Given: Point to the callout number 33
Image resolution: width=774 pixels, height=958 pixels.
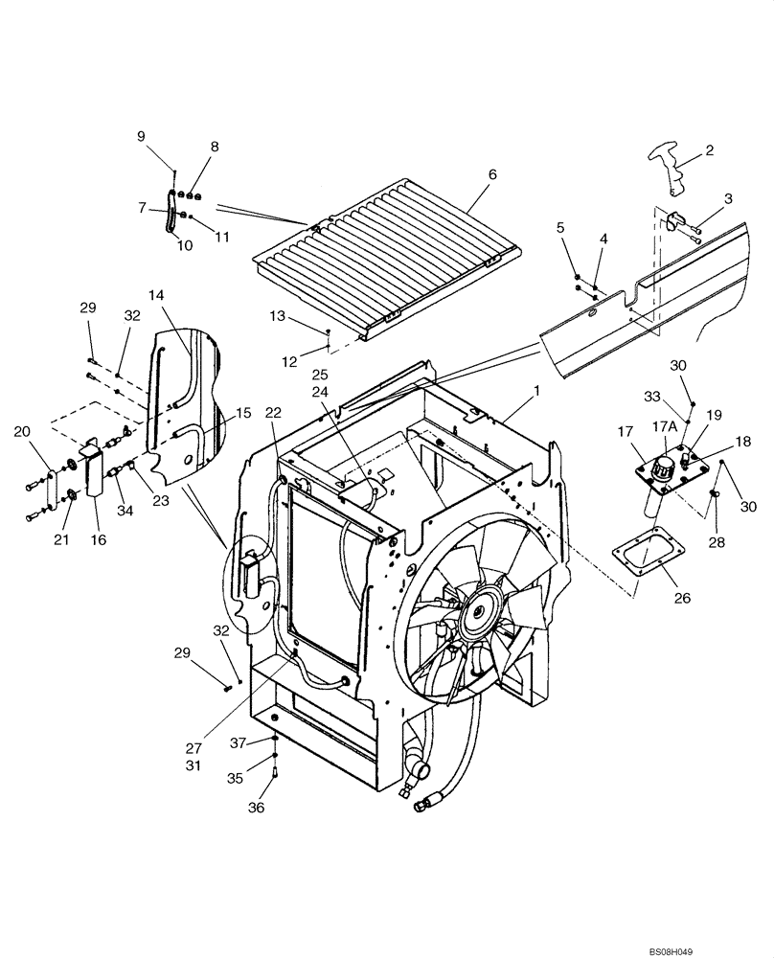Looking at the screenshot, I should pyautogui.click(x=679, y=395).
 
